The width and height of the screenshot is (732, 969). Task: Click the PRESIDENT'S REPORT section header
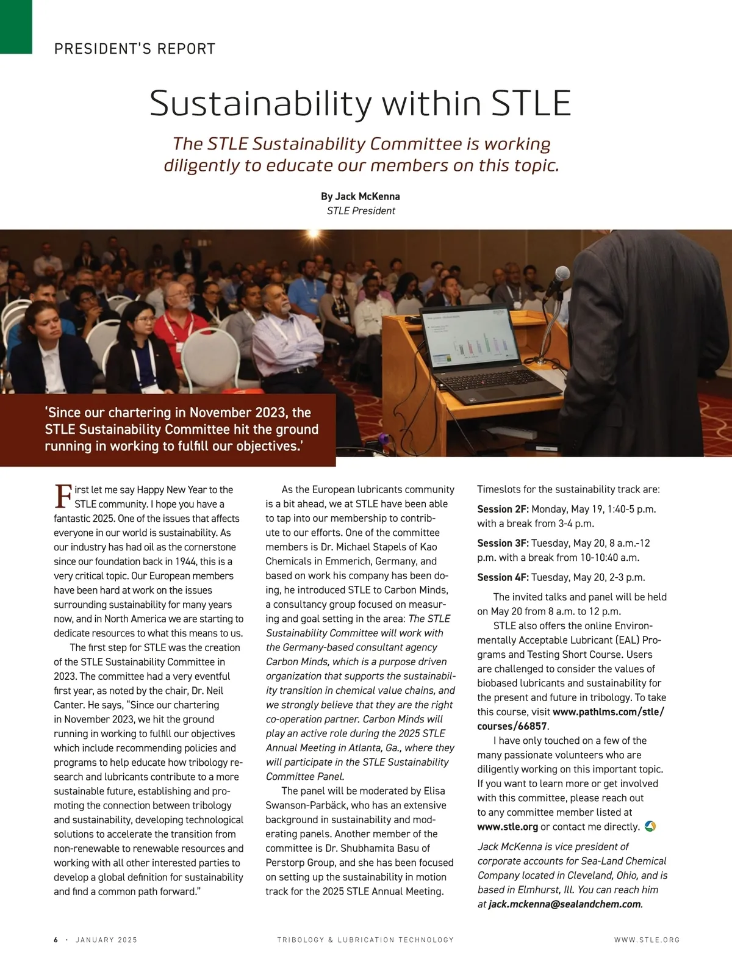[x=135, y=49]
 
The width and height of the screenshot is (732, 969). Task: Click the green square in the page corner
[x=16, y=26]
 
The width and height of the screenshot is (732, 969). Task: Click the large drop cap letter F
[x=63, y=496]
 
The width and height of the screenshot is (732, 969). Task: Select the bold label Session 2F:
[x=503, y=509]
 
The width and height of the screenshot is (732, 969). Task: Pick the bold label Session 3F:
[x=503, y=543]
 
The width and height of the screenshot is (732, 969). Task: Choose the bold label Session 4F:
[x=503, y=577]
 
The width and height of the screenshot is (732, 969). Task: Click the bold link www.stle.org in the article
[x=508, y=827]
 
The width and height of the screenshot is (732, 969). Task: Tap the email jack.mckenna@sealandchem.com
[x=565, y=904]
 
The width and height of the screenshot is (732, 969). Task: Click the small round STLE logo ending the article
[x=650, y=826]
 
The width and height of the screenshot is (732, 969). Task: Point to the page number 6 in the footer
[x=56, y=940]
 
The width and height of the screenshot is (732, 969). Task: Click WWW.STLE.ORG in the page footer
[x=647, y=940]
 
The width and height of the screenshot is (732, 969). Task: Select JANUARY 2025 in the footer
[x=106, y=940]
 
